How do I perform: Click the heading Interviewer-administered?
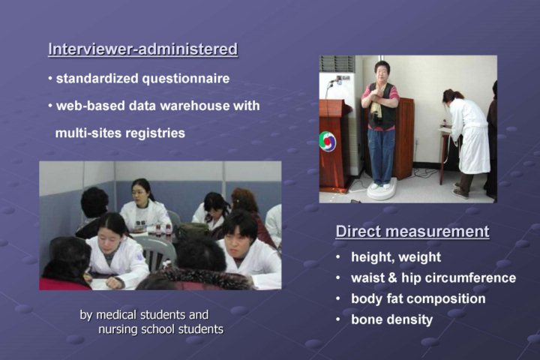tap(143, 49)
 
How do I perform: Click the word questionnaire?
tap(186, 79)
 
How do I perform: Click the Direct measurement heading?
tap(412, 231)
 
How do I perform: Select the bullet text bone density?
tap(392, 319)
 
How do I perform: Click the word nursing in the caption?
tap(116, 329)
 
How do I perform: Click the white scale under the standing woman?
tap(381, 190)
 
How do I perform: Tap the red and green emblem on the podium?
tap(327, 142)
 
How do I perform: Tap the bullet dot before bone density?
tap(338, 319)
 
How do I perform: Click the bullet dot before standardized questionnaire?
tap(50, 79)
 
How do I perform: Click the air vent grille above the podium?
tap(337, 64)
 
